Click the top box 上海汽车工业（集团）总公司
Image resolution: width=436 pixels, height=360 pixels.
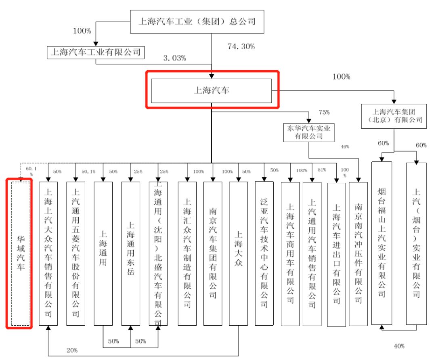[x=197, y=21]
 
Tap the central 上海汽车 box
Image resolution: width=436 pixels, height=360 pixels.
[x=211, y=90]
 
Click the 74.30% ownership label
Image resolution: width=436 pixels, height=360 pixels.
[x=241, y=46]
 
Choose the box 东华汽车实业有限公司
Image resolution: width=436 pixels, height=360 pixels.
[x=309, y=132]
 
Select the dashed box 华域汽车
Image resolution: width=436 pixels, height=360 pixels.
[x=19, y=253]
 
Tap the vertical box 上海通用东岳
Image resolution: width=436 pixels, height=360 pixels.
[x=130, y=253]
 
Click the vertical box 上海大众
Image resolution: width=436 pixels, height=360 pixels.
[x=239, y=253]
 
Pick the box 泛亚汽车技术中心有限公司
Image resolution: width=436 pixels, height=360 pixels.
[x=264, y=253]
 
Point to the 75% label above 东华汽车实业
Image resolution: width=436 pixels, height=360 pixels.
[x=324, y=112]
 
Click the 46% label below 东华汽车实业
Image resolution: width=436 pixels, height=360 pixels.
[x=345, y=147]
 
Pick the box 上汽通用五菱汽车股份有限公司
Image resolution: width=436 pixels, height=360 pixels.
[x=75, y=253]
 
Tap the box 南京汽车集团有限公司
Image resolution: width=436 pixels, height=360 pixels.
[x=213, y=253]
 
